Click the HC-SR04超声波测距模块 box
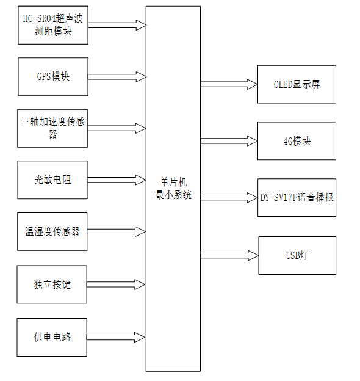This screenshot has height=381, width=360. click(x=52, y=25)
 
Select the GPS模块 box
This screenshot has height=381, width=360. click(x=52, y=77)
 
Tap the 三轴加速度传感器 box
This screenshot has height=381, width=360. click(x=52, y=128)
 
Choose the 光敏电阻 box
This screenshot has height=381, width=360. click(x=52, y=180)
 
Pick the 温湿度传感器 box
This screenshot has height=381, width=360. click(x=52, y=231)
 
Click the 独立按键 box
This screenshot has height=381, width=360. click(x=52, y=285)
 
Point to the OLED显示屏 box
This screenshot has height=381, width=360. click(x=297, y=84)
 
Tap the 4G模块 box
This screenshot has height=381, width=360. click(x=297, y=141)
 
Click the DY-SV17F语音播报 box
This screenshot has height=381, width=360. click(x=297, y=197)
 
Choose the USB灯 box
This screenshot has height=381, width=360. click(x=297, y=255)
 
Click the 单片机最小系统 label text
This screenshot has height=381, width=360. click(x=173, y=189)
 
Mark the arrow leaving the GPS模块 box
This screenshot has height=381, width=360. click(x=117, y=77)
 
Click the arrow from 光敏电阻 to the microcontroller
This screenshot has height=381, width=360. click(x=117, y=180)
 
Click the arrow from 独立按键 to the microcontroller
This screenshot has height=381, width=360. click(x=117, y=285)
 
